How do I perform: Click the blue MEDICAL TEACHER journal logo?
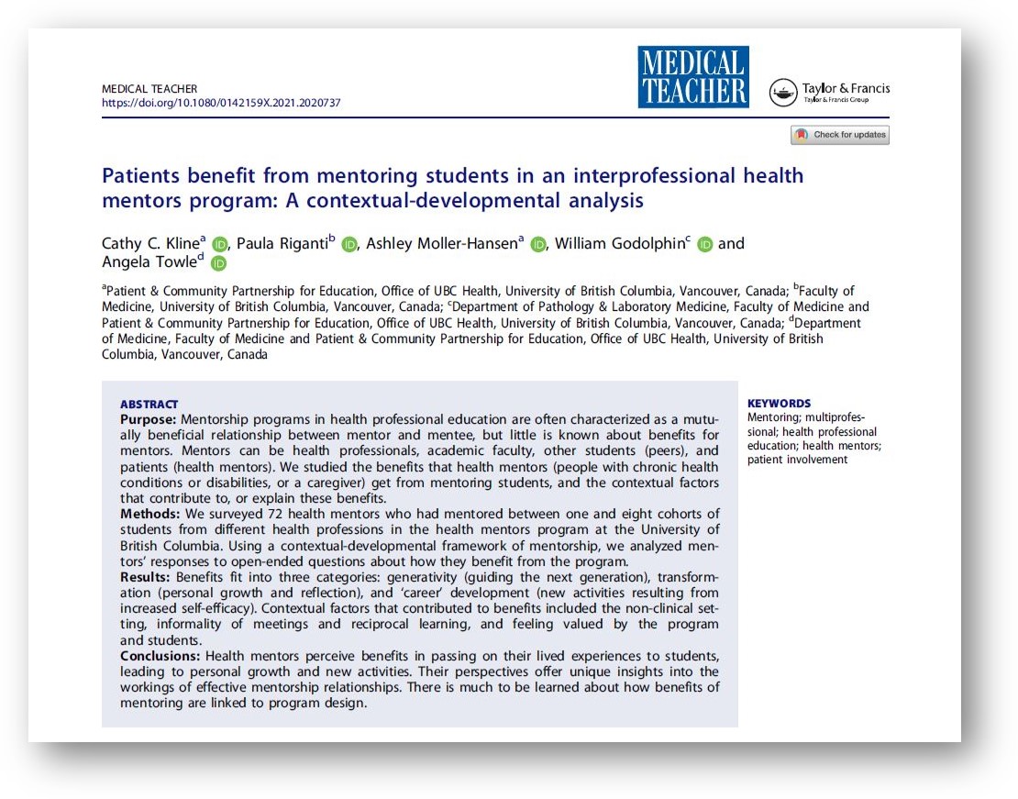693,77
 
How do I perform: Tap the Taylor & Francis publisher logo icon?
783,93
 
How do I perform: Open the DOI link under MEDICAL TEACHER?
221,104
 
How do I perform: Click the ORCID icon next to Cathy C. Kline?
219,244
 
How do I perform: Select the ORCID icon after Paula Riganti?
349,244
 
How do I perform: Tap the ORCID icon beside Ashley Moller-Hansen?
538,244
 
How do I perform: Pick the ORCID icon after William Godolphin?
704,244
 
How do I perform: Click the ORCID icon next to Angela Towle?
218,264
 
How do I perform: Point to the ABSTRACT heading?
149,405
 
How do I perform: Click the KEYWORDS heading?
779,404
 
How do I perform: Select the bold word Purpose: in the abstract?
149,418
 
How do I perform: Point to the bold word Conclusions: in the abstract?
161,656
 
